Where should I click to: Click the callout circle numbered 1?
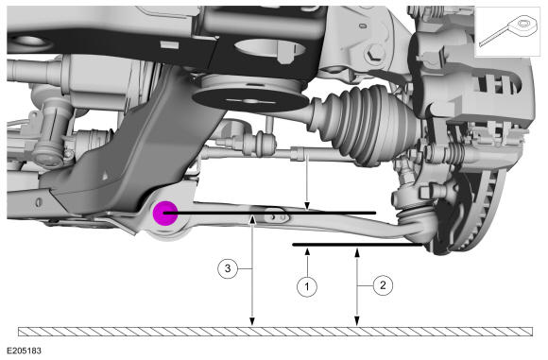307,286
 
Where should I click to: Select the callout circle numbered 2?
383,285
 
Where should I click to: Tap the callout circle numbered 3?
228,268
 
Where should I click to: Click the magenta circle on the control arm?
165,214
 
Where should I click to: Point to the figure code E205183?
25,351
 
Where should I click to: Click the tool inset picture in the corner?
507,32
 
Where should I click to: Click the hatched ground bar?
275,332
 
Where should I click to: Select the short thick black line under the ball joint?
357,245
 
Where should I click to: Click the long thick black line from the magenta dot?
270,213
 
